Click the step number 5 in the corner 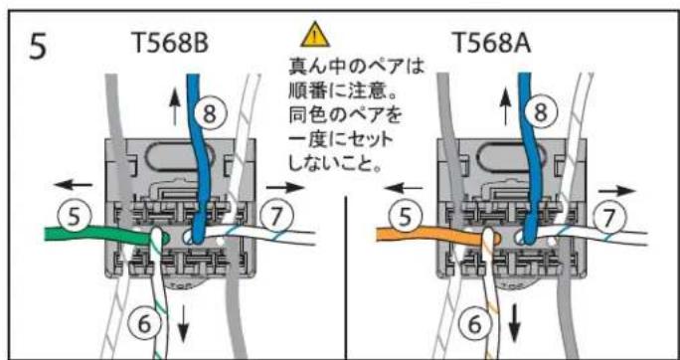click(x=37, y=48)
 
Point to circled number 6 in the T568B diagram click(x=145, y=322)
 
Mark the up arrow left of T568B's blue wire click(x=177, y=103)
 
